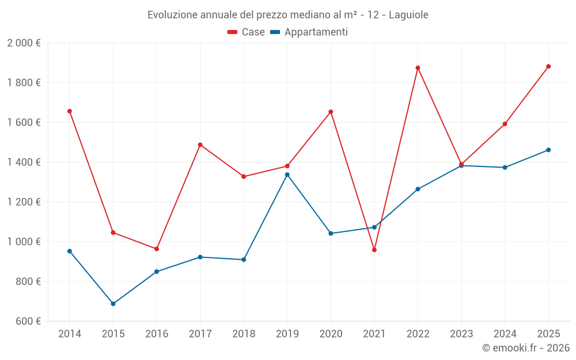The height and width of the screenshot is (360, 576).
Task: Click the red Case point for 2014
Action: click(70, 111)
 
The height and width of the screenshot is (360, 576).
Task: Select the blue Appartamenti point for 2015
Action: click(113, 304)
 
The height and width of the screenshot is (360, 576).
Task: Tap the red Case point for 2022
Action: click(418, 68)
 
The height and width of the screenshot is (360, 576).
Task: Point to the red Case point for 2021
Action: click(374, 250)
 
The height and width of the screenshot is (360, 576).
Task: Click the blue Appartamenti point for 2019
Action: click(287, 175)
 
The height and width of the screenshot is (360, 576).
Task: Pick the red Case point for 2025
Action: click(548, 66)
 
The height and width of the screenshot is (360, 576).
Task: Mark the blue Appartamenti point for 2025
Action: click(548, 150)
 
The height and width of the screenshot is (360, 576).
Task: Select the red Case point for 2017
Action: click(200, 145)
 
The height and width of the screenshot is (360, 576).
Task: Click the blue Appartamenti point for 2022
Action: click(418, 189)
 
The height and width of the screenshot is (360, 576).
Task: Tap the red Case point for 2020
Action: click(331, 112)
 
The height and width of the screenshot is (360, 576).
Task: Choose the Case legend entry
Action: click(247, 32)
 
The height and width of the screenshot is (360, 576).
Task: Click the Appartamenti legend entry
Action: click(309, 32)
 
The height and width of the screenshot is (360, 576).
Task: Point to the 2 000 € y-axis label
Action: click(24, 43)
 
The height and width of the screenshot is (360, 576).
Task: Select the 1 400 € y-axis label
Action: click(24, 162)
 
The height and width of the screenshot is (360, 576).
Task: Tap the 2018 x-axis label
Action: click(244, 334)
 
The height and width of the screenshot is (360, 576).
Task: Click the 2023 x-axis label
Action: click(461, 334)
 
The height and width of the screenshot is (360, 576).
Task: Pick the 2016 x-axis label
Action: click(157, 334)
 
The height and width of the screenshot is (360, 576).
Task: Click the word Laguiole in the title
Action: click(408, 15)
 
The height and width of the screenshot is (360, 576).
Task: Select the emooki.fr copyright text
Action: click(526, 348)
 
